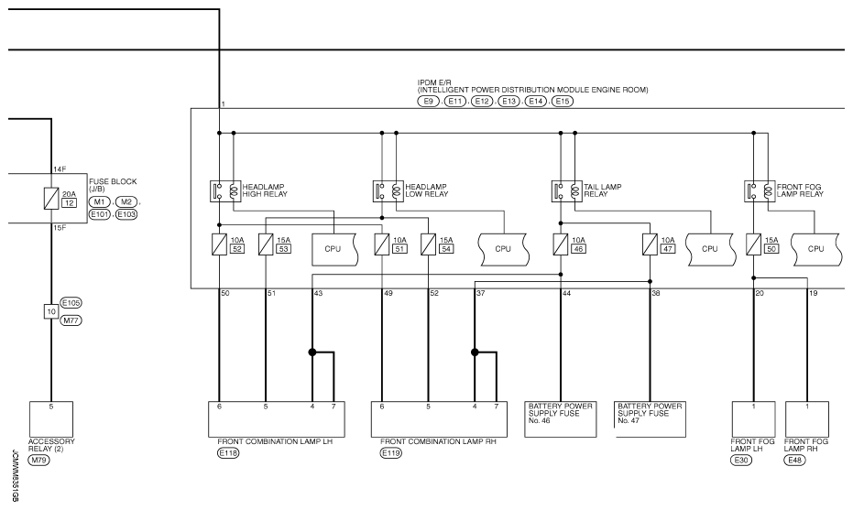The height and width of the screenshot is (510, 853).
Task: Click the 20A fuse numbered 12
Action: pyautogui.click(x=51, y=199)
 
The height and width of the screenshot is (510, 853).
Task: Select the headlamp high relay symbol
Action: pyautogui.click(x=225, y=191)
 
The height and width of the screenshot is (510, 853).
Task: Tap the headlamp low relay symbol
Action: pyautogui.click(x=388, y=191)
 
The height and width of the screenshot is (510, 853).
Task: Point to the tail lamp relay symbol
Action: pyautogui.click(x=567, y=191)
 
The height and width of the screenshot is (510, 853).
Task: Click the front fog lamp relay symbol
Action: pyautogui.click(x=760, y=191)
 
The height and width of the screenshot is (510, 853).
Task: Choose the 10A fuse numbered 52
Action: pyautogui.click(x=219, y=244)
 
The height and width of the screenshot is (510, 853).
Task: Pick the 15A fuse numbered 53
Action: pyautogui.click(x=266, y=244)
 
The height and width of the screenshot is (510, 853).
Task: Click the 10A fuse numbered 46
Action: pyautogui.click(x=561, y=244)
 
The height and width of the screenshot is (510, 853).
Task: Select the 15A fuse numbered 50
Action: pyautogui.click(x=753, y=244)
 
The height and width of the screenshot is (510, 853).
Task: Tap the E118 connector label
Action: pyautogui.click(x=228, y=453)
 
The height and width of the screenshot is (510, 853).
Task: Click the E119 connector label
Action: pyautogui.click(x=391, y=453)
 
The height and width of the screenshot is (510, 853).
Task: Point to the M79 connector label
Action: pyautogui.click(x=38, y=461)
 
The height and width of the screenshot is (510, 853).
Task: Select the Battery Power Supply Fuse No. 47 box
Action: pyautogui.click(x=651, y=419)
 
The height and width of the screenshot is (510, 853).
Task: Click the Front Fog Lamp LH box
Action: pyautogui.click(x=753, y=419)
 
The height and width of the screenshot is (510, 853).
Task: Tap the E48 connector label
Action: pyautogui.click(x=794, y=461)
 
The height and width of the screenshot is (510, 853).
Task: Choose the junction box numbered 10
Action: pyautogui.click(x=51, y=311)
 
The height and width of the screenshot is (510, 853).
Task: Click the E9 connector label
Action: pyautogui.click(x=428, y=101)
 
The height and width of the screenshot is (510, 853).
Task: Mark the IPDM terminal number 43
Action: pyautogui.click(x=318, y=294)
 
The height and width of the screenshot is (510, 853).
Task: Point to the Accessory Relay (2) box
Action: pyautogui.click(x=51, y=419)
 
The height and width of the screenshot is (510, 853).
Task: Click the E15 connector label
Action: pyautogui.click(x=562, y=101)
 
